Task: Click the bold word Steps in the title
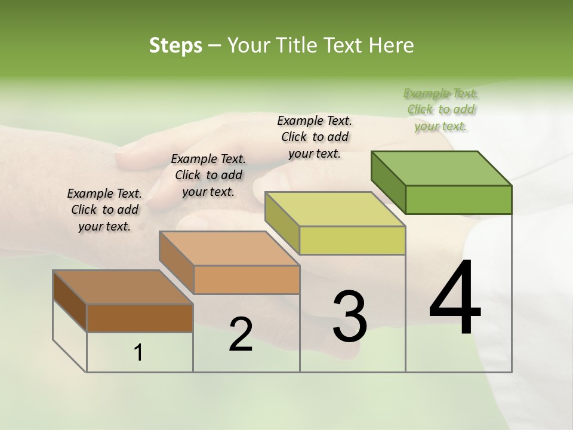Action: [175, 45]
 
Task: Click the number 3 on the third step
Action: [350, 317]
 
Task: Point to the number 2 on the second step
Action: [241, 334]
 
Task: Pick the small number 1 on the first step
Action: [138, 353]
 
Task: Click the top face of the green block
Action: [442, 168]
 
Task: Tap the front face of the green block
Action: [458, 199]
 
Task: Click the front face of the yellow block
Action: [352, 240]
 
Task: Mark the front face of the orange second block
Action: [247, 279]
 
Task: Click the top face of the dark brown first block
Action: [123, 287]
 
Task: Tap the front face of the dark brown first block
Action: [140, 318]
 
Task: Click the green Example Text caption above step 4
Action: [441, 109]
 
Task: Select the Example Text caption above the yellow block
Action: [315, 137]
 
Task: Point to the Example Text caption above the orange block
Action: [208, 175]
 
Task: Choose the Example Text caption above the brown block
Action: [104, 210]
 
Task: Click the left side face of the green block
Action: [388, 182]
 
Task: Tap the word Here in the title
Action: [394, 45]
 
